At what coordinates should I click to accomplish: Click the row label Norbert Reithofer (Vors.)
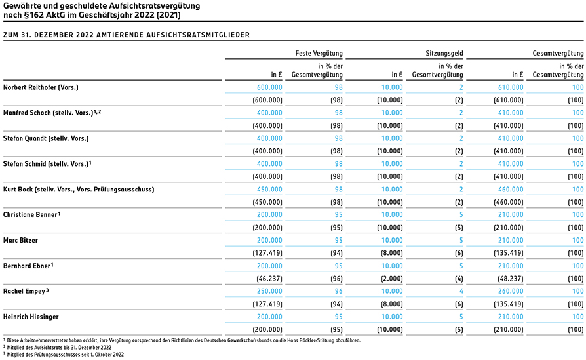click(x=41, y=87)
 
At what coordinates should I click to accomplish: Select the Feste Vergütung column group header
click(x=319, y=54)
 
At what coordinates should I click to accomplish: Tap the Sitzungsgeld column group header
click(x=444, y=54)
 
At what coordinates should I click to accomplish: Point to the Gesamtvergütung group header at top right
click(x=558, y=54)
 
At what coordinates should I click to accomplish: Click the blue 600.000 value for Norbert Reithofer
click(x=269, y=87)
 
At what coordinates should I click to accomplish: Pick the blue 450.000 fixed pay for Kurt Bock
click(x=269, y=190)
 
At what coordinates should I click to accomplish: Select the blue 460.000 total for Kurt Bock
click(x=511, y=190)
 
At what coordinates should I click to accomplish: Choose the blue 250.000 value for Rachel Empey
click(x=269, y=292)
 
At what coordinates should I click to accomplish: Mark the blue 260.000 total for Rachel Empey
click(x=511, y=292)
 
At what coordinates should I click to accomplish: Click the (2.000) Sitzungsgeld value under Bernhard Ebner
click(x=392, y=279)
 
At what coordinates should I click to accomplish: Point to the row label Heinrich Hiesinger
click(x=31, y=317)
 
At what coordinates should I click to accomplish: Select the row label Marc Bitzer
click(x=20, y=241)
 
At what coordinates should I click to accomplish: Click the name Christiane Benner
click(x=30, y=215)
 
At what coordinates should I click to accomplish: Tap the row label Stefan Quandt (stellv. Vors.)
click(x=46, y=139)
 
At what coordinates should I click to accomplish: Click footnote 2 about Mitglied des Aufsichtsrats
click(x=58, y=348)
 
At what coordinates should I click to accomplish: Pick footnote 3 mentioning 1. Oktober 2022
click(x=64, y=355)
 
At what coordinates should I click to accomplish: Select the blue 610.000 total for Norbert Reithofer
click(x=511, y=87)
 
